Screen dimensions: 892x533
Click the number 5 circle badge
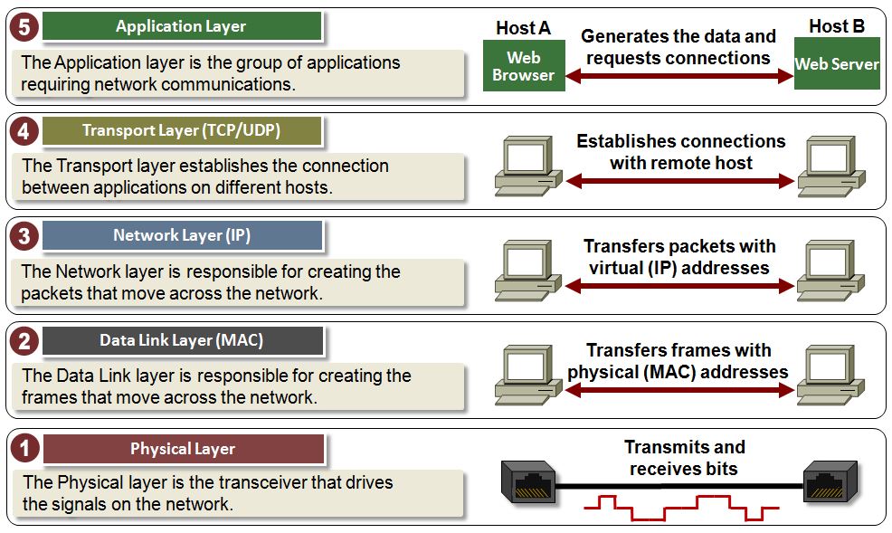click(24, 27)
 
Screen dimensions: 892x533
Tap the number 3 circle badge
click(24, 236)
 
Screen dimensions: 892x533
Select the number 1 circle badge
click(24, 448)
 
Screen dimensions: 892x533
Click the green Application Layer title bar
click(182, 26)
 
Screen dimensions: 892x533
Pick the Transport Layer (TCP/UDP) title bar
click(182, 131)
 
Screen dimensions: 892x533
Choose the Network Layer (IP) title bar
click(182, 235)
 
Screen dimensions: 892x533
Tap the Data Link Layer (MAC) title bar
click(183, 341)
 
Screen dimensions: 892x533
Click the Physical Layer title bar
click(183, 449)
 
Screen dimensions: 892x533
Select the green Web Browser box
click(524, 65)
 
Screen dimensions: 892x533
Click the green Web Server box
click(837, 63)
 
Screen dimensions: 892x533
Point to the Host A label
click(524, 28)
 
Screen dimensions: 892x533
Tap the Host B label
click(837, 26)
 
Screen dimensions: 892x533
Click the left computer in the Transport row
click(528, 166)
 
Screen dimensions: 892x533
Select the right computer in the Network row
click(830, 271)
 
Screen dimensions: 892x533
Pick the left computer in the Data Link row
click(528, 375)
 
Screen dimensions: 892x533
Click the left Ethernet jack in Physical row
click(528, 481)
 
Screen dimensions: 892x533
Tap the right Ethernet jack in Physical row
click(830, 481)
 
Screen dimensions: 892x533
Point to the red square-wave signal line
click(681, 507)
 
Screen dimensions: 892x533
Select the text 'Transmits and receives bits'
click(684, 457)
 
